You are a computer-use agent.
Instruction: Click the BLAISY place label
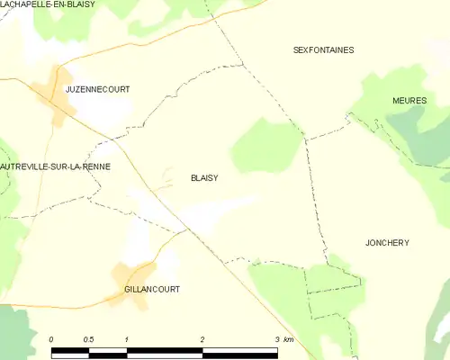(x=204, y=178)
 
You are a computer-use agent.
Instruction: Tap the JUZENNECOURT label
(x=97, y=90)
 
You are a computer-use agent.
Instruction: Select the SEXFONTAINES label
(x=323, y=50)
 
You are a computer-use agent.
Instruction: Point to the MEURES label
(x=409, y=101)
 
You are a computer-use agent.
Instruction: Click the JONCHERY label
(x=387, y=243)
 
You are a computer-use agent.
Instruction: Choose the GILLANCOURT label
(x=152, y=290)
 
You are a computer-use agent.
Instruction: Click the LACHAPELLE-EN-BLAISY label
(x=47, y=4)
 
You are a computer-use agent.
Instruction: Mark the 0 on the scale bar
(x=51, y=339)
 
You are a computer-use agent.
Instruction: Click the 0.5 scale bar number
(x=88, y=339)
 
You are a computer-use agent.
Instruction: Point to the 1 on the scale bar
(x=128, y=339)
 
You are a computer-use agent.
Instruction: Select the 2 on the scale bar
(x=202, y=339)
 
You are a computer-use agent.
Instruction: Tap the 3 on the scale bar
(x=276, y=339)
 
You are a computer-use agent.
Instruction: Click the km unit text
(x=289, y=339)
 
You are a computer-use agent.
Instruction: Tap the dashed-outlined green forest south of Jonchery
(x=333, y=288)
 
